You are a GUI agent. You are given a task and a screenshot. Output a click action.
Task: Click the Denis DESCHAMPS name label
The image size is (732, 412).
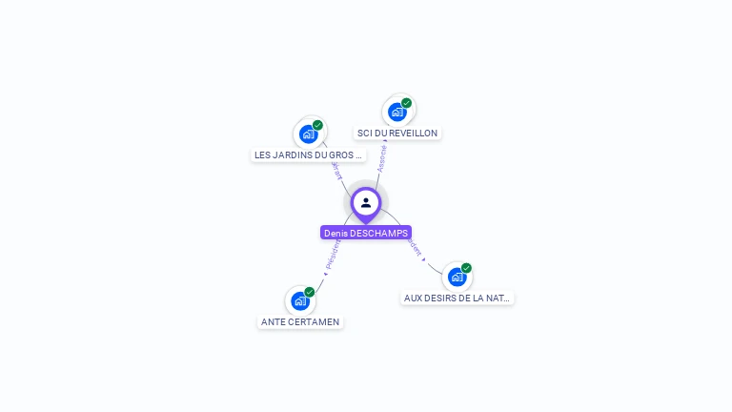(366, 233)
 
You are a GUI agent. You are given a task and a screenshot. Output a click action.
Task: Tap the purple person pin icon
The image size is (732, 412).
(366, 203)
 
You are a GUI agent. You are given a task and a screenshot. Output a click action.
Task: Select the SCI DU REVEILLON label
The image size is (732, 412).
(397, 134)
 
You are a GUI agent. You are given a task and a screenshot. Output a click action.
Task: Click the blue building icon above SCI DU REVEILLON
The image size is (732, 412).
(397, 112)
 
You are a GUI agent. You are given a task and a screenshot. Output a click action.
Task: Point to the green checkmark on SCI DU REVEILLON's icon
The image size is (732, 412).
(407, 103)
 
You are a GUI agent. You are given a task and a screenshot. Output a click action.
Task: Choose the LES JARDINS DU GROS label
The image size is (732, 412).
(308, 154)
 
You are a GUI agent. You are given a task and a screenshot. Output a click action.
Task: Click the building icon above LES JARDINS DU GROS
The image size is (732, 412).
(308, 134)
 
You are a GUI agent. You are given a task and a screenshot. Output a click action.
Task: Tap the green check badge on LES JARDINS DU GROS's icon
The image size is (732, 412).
(317, 125)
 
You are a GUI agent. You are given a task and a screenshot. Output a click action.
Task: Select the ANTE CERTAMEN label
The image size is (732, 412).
(300, 322)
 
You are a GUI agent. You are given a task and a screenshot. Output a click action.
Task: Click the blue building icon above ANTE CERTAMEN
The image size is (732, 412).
(300, 301)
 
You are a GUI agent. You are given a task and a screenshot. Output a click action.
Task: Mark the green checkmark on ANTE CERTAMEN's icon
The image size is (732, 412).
(310, 292)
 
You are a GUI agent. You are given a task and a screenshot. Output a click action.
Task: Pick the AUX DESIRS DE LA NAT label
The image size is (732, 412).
(457, 299)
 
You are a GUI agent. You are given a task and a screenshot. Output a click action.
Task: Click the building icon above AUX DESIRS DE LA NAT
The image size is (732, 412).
(457, 278)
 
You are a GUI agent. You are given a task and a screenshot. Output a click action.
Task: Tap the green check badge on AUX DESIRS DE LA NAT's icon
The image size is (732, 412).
(467, 268)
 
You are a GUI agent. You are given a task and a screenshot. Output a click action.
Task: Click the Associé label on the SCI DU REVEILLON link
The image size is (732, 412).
(382, 158)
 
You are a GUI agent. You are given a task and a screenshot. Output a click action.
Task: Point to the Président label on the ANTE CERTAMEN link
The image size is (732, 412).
(333, 253)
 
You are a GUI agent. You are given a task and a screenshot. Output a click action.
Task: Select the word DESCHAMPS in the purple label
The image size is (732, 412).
(379, 233)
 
